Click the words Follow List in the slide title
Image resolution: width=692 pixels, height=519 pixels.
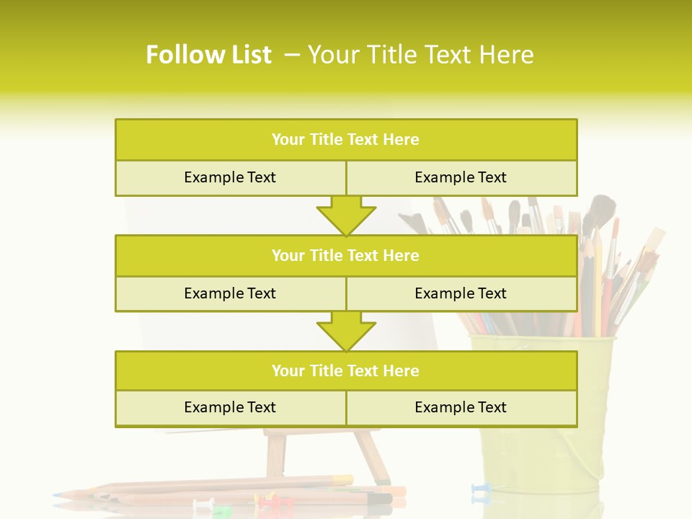(208, 55)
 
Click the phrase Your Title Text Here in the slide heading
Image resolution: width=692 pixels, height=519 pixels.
(420, 55)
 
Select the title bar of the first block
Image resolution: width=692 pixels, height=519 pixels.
(346, 140)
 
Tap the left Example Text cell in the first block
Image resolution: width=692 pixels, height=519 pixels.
(230, 177)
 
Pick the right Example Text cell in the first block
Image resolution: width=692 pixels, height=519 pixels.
(461, 177)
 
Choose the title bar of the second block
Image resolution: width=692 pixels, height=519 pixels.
(346, 255)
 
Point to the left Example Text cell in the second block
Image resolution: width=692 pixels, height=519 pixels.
(230, 293)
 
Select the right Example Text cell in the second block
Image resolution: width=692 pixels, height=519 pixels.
(461, 293)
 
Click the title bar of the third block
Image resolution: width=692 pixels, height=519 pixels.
(346, 371)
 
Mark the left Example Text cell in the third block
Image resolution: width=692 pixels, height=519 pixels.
(230, 407)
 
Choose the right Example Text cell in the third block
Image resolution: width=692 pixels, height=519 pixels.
(461, 407)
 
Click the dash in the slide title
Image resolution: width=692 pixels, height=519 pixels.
(293, 55)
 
